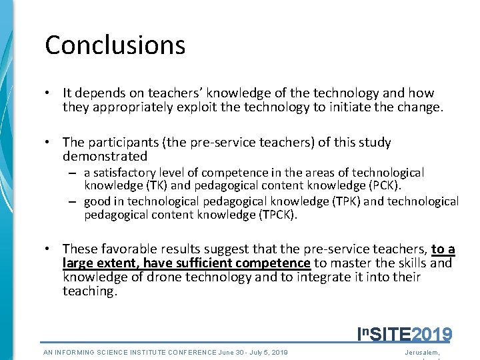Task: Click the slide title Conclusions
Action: click(x=115, y=45)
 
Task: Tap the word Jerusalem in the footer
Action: click(x=422, y=352)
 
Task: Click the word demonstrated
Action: click(x=105, y=157)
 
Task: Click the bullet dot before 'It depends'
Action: click(x=49, y=93)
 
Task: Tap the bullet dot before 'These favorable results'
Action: click(x=49, y=249)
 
